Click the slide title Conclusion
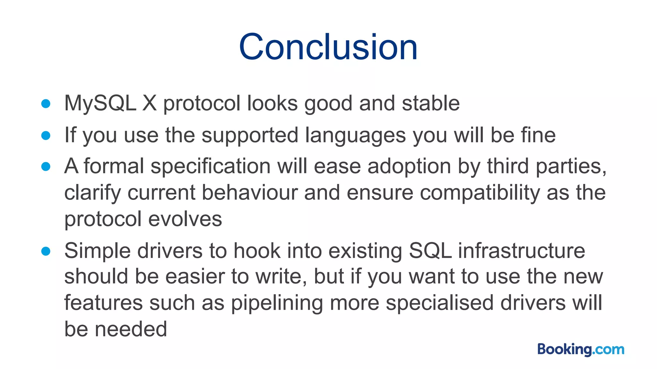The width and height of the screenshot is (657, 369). [328, 47]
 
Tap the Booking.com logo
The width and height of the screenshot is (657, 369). [581, 349]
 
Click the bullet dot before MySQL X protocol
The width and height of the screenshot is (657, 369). [46, 103]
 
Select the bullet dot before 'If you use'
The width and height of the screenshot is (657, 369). [46, 135]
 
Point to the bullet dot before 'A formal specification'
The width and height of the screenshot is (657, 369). [46, 167]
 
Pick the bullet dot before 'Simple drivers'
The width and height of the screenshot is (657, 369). [46, 251]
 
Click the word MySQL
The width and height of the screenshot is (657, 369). [100, 103]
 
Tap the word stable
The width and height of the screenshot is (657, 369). [431, 103]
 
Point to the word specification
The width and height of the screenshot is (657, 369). [210, 167]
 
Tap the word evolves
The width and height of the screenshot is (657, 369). [185, 219]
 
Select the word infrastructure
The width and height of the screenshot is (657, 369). [521, 251]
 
